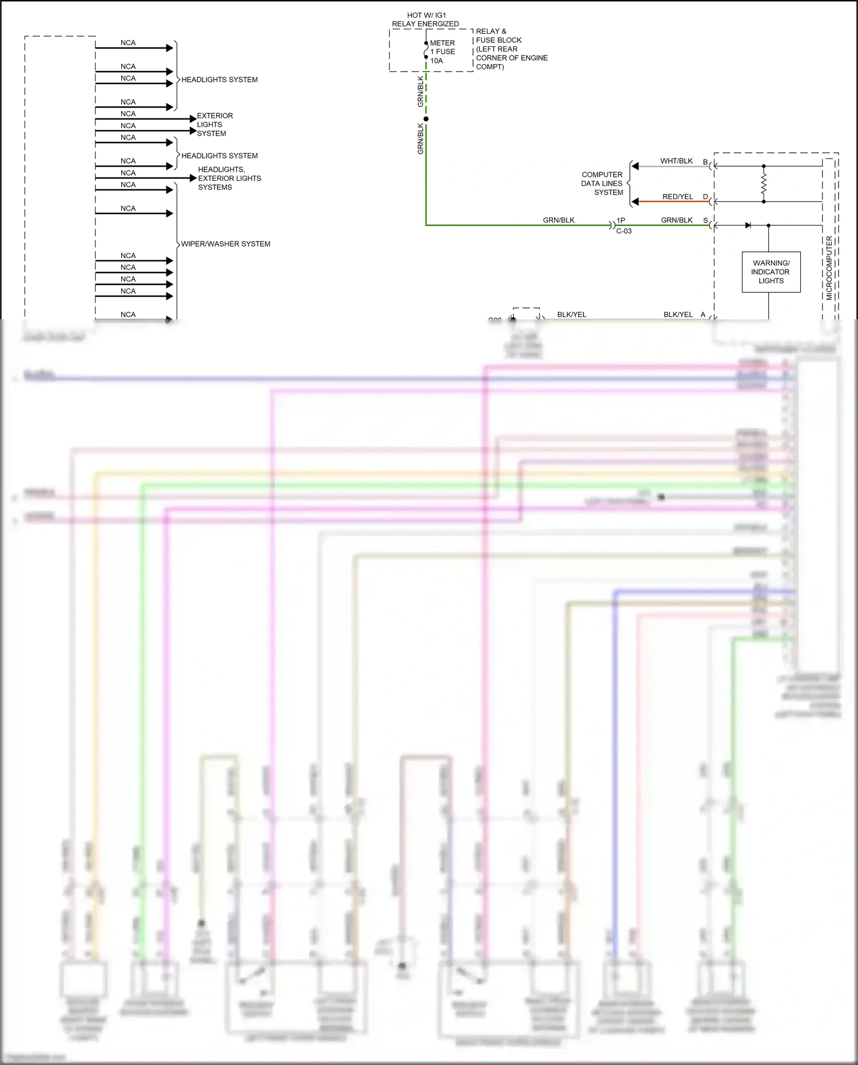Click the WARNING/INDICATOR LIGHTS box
click(770, 272)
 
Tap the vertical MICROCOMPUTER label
click(829, 268)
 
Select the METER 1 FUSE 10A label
click(442, 52)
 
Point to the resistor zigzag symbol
click(764, 184)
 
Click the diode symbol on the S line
click(748, 225)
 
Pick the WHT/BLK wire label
click(676, 161)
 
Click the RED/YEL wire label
click(677, 197)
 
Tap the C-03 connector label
click(623, 231)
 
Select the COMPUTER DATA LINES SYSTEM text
click(602, 183)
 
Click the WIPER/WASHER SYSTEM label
click(225, 244)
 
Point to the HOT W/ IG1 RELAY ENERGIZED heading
click(426, 19)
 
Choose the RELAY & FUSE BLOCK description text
click(511, 49)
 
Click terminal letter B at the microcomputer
click(705, 162)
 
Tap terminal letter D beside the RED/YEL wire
click(705, 197)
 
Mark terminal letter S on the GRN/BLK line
click(705, 220)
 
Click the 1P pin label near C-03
click(621, 220)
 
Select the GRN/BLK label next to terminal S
click(677, 220)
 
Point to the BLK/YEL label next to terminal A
click(678, 315)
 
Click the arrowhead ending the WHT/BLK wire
click(635, 167)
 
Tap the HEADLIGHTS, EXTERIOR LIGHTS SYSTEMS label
click(229, 178)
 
